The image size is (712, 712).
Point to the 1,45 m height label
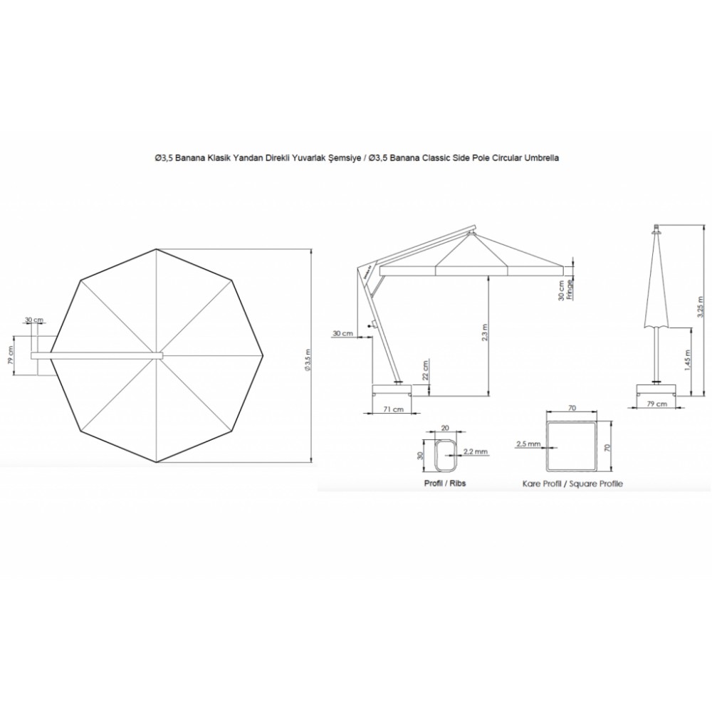[688, 360]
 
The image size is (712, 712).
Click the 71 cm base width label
[393, 409]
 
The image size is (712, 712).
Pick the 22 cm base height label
[425, 370]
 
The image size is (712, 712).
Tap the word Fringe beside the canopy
[570, 290]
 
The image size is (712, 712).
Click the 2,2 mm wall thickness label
[475, 451]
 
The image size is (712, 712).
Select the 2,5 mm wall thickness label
[528, 444]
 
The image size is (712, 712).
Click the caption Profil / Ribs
[444, 483]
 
